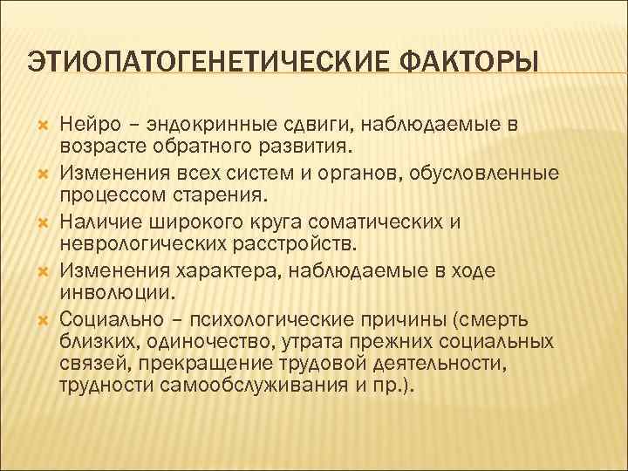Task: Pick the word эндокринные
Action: [x=197, y=125]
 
